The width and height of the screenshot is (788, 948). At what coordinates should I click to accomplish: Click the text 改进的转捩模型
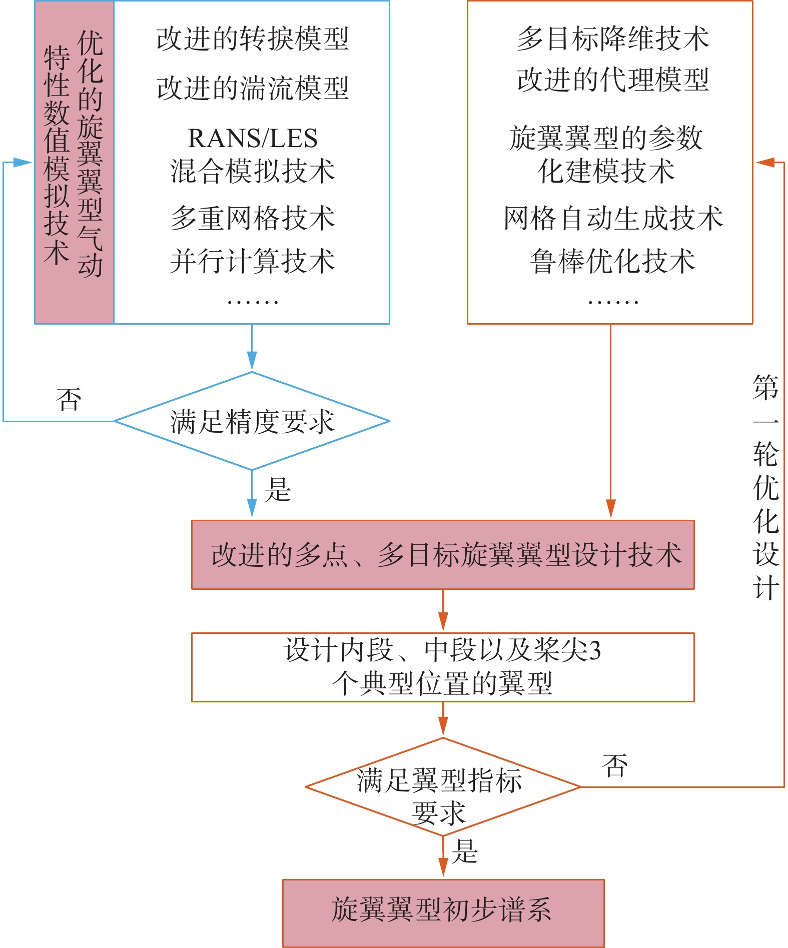click(252, 39)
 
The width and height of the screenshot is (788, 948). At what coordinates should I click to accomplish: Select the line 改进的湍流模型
click(252, 89)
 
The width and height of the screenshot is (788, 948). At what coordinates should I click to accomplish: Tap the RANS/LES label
click(252, 138)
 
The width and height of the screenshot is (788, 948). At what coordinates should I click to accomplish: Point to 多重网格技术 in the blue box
click(252, 219)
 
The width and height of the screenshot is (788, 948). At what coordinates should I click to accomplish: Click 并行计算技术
click(252, 261)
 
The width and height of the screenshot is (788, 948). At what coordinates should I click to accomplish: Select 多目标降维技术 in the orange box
click(613, 39)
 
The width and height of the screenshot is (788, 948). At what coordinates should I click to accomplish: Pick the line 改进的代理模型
click(613, 80)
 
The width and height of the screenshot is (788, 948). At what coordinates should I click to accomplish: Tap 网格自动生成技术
click(613, 219)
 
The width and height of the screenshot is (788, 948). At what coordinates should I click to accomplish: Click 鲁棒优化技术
click(613, 261)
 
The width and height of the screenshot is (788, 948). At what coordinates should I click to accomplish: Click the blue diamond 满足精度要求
click(252, 421)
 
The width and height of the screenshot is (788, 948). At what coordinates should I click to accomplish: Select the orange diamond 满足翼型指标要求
click(443, 787)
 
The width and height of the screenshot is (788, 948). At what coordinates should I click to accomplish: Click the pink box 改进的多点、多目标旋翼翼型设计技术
click(443, 555)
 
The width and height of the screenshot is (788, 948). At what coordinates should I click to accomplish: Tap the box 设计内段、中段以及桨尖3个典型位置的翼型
click(443, 667)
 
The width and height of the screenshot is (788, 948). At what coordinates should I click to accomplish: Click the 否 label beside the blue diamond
click(69, 400)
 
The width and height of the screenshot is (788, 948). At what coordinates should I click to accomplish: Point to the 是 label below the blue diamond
click(278, 489)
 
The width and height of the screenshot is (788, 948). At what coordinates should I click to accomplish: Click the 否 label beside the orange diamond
click(615, 766)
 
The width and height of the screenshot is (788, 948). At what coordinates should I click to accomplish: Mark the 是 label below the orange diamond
click(465, 851)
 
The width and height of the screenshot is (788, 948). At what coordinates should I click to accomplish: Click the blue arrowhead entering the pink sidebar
click(23, 162)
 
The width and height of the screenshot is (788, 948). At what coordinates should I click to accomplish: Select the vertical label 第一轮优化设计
click(765, 487)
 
